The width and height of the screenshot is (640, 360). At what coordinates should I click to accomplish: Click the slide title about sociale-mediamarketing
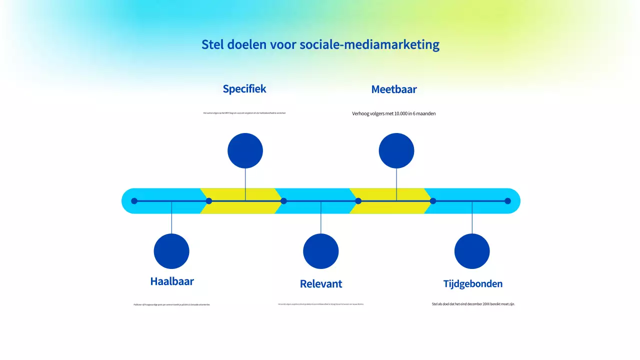click(320, 44)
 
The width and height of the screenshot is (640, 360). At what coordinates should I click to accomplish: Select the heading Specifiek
click(244, 89)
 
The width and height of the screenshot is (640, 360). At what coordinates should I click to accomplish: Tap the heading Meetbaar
click(394, 89)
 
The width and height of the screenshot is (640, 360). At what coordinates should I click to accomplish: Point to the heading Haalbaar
click(172, 281)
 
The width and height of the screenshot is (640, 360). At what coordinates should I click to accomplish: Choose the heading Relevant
click(321, 284)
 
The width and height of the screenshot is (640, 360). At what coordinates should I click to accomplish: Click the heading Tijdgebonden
click(472, 284)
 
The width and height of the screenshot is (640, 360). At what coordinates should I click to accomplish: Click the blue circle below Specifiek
click(245, 150)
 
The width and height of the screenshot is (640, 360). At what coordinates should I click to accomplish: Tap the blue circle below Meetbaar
click(396, 150)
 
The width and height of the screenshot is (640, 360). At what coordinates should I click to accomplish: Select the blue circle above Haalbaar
click(171, 251)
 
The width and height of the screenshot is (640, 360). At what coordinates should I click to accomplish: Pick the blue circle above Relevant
click(321, 251)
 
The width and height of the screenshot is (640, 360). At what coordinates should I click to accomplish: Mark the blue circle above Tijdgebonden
click(472, 251)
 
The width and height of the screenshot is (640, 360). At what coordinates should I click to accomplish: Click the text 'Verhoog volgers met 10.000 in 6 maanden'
click(394, 113)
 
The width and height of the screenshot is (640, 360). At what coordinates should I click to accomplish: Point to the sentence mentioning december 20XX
click(473, 303)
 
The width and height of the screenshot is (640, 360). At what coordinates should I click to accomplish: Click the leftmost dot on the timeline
click(134, 201)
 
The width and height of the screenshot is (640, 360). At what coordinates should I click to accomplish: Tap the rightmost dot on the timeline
click(507, 201)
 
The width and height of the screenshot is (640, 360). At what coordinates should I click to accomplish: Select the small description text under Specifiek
click(244, 113)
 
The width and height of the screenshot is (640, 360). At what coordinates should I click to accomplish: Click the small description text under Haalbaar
click(172, 304)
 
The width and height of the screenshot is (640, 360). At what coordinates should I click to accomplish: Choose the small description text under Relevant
click(321, 304)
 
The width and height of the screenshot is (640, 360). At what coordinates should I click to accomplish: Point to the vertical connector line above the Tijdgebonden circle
click(472, 220)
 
